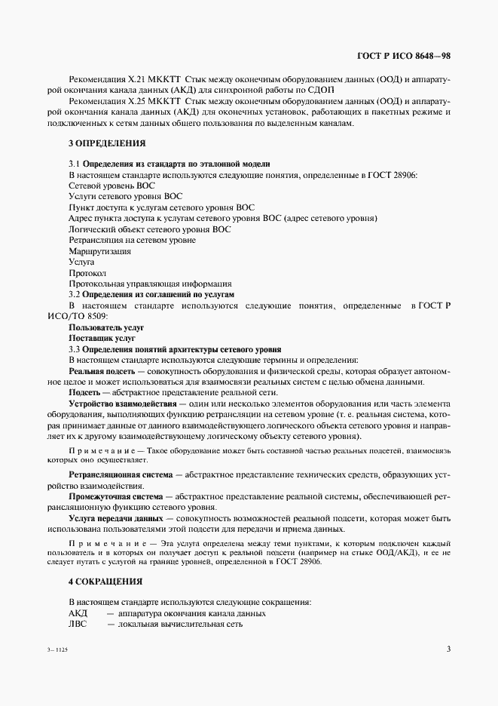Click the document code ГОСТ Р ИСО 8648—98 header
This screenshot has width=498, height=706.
(404, 55)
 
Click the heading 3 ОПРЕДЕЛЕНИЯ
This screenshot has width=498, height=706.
(107, 143)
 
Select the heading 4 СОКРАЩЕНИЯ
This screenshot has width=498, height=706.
(105, 582)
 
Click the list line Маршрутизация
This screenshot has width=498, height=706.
(99, 250)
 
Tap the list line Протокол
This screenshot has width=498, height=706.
(87, 272)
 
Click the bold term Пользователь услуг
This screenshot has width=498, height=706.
(106, 328)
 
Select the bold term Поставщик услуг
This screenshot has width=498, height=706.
(102, 339)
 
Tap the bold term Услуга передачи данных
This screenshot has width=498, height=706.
(115, 519)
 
